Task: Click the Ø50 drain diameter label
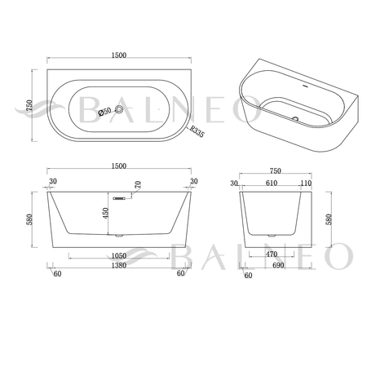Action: click(104, 111)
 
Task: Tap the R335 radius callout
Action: click(197, 131)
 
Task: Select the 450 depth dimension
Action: click(105, 213)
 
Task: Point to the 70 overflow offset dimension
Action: click(138, 185)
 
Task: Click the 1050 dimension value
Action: click(119, 256)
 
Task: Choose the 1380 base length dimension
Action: click(119, 265)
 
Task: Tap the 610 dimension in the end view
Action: click(272, 183)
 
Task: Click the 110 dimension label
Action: click(306, 183)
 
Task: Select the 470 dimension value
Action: click(272, 254)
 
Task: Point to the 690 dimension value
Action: click(278, 265)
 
